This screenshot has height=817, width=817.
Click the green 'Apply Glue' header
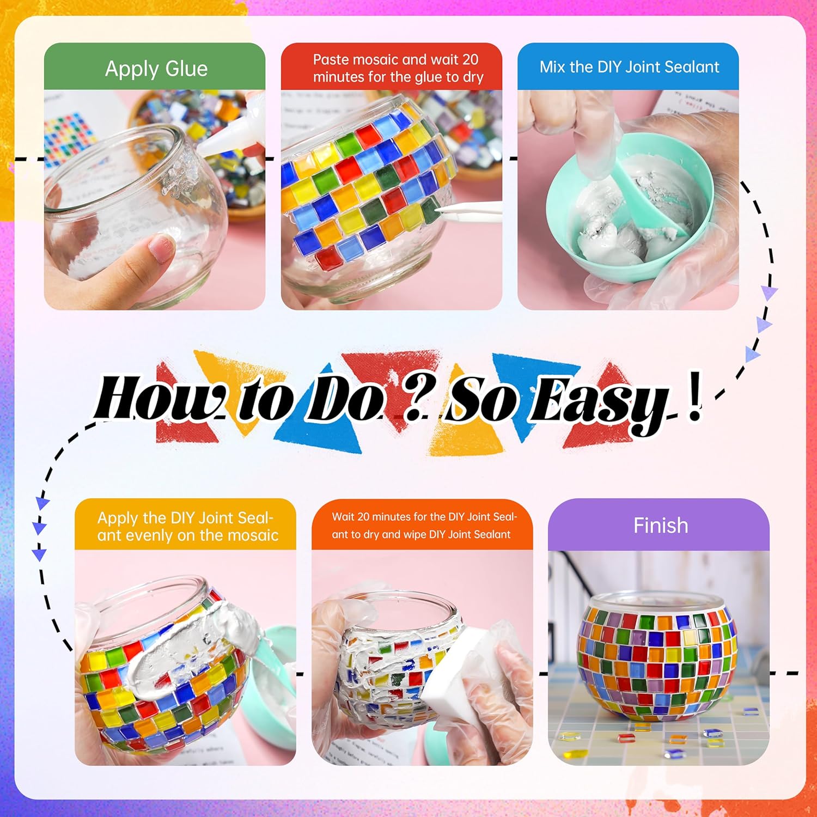(x=155, y=66)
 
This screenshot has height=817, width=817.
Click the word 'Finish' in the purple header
(x=661, y=526)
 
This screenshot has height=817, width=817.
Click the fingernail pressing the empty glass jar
(x=162, y=247)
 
